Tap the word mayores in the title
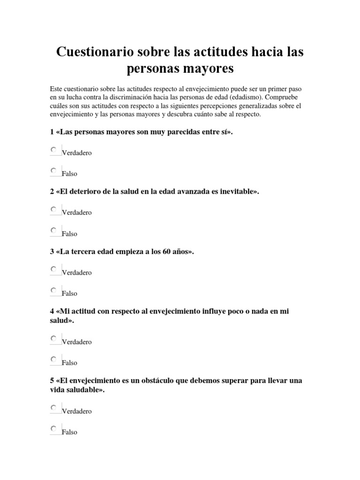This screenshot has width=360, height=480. pos(208,69)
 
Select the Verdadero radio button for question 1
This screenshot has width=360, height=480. pos(53,150)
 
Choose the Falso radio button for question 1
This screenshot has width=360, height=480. pos(53,171)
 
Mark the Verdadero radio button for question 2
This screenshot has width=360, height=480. pos(53,210)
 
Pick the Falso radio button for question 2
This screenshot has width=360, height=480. pos(53,231)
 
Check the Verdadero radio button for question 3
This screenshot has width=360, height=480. pos(53,269)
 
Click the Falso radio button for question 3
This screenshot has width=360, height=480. pos(53,290)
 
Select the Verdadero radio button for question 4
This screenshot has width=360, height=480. pos(53,338)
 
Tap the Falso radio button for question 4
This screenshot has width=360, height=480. pos(53,360)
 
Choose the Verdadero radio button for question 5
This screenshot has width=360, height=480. pos(53,408)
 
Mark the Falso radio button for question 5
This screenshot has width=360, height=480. pos(53,429)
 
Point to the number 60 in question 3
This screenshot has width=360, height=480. pos(163,252)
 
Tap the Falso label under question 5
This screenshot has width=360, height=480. pos(69,432)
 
